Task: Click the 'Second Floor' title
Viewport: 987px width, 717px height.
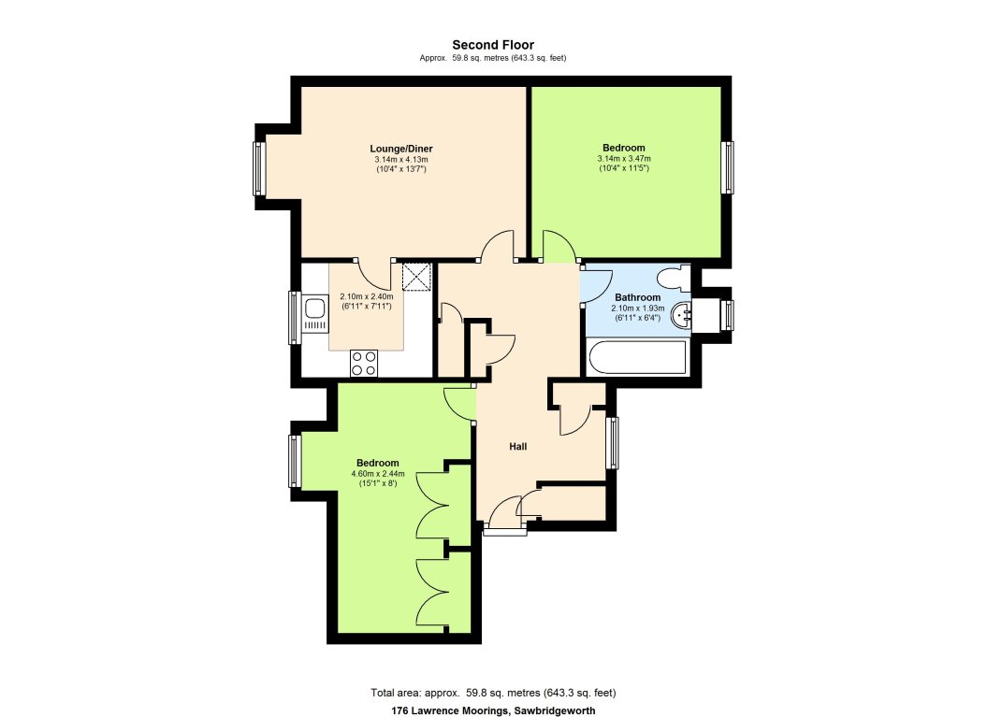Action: pos(493,44)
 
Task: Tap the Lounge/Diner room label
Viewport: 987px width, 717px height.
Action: pos(400,149)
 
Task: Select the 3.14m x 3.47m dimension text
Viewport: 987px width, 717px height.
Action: pos(623,159)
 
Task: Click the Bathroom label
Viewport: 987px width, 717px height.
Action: pos(638,297)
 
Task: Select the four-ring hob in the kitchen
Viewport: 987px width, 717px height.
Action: pos(363,362)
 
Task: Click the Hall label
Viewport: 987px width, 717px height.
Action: pos(517,447)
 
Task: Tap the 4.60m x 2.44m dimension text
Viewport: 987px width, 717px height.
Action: pos(378,473)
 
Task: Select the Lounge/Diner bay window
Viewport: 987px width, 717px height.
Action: pos(258,168)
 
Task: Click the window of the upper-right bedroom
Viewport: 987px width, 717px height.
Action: pos(727,167)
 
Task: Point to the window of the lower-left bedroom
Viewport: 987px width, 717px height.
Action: pos(295,461)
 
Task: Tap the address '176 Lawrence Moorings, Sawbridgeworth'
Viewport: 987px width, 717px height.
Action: pos(493,710)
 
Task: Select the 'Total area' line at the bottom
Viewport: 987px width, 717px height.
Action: pos(493,693)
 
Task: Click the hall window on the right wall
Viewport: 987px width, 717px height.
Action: pos(613,442)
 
